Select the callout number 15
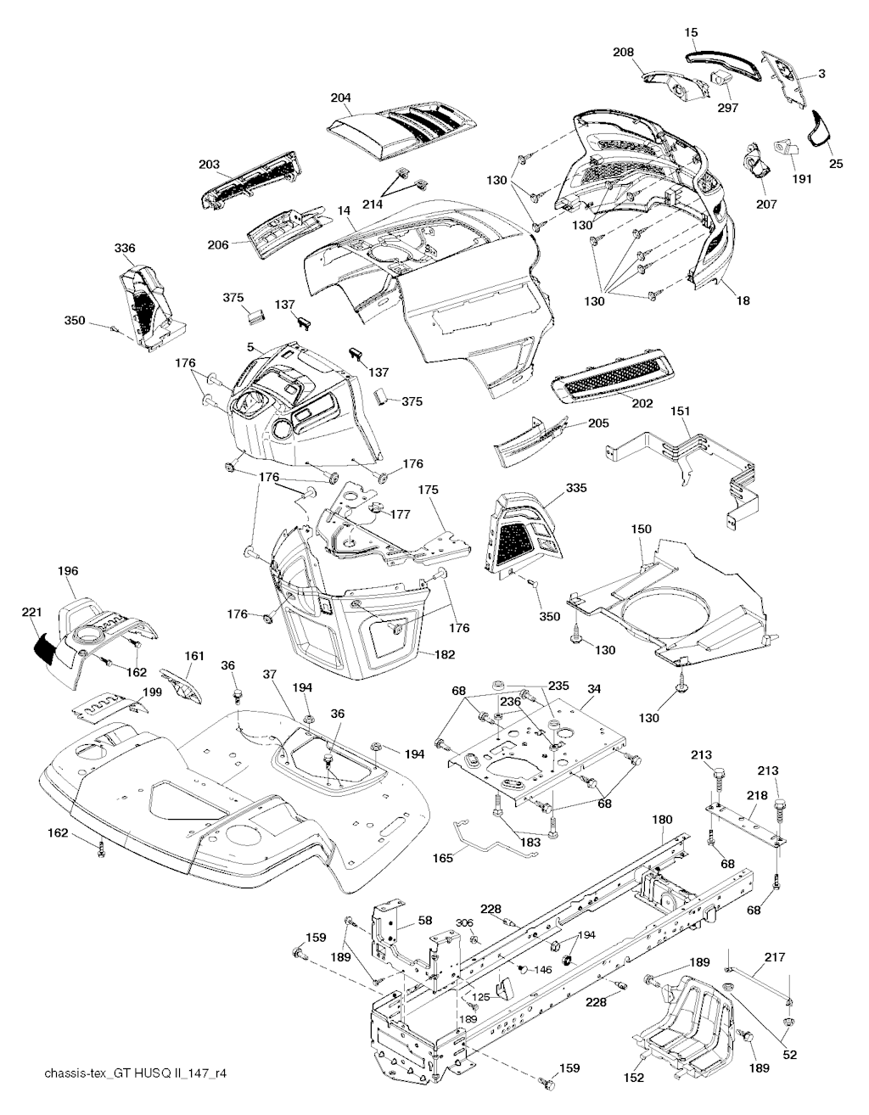[692, 31]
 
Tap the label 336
[125, 248]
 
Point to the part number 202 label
[642, 403]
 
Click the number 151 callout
[681, 411]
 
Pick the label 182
[444, 654]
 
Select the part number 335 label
[576, 488]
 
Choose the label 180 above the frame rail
[662, 820]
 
